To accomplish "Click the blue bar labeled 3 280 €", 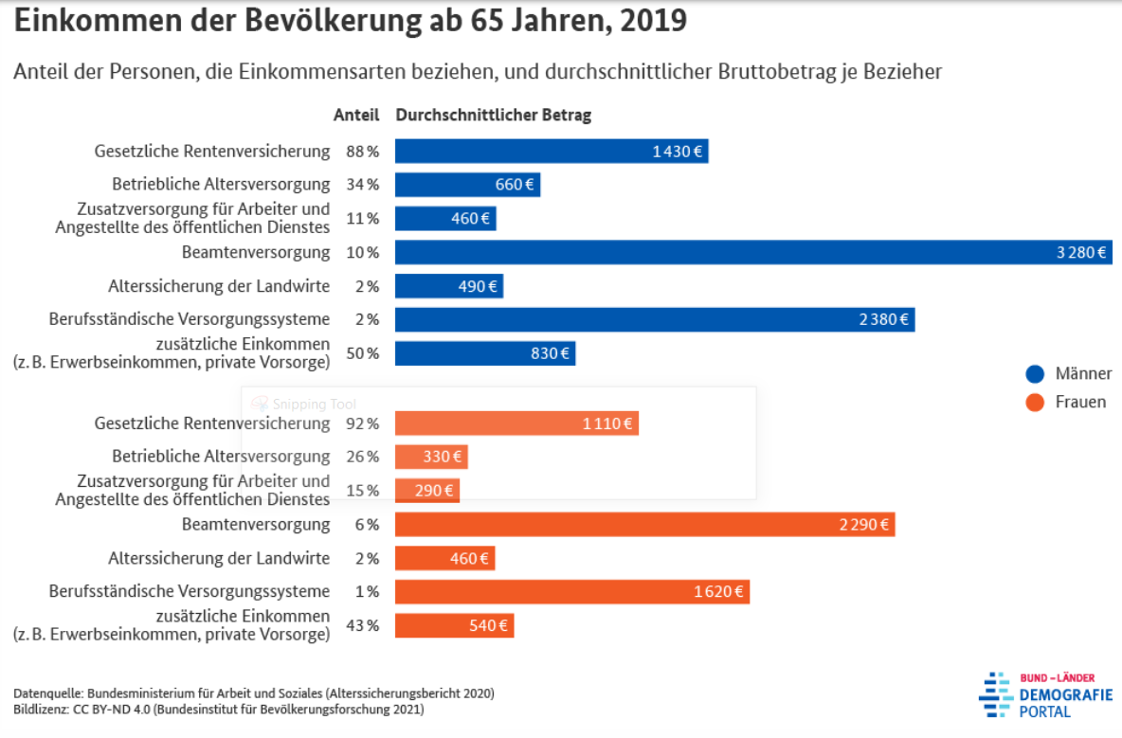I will point(753,252).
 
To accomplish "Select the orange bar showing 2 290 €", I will point(644,524).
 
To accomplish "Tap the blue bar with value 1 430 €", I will point(552,152).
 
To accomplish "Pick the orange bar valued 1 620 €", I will point(571,592).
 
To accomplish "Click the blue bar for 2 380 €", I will point(654,319).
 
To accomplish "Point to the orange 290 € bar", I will point(427,491).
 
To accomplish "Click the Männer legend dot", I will point(1035,373).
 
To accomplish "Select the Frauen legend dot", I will point(1035,402).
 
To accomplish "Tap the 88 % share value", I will point(362,152).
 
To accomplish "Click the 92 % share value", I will point(362,423).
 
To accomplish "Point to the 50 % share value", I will point(362,353).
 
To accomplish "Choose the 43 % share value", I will point(362,625).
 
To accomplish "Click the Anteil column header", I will point(356,116).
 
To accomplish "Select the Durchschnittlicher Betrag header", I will point(494,116).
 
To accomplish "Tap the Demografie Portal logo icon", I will point(995,693).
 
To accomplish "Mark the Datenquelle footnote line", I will point(254,693).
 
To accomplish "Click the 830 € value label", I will point(551,353).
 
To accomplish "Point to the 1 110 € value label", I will point(606,423).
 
